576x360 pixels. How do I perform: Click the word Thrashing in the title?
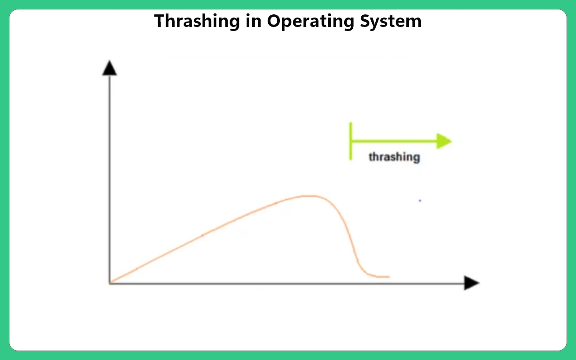click(x=197, y=22)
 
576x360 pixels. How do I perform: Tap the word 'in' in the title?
click(x=254, y=21)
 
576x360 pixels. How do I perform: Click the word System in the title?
click(x=391, y=22)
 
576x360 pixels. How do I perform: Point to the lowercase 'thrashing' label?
click(x=395, y=157)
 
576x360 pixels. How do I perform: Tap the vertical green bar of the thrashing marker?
click(x=351, y=141)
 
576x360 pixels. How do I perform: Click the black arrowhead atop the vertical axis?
click(x=109, y=68)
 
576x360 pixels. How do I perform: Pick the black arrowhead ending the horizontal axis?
click(x=472, y=283)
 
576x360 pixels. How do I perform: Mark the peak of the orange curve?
click(x=309, y=196)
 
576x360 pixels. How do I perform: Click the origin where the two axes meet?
click(x=110, y=283)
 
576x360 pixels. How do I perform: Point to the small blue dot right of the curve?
click(x=420, y=201)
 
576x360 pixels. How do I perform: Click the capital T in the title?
click(x=161, y=21)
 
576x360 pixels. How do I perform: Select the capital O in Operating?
click(x=274, y=21)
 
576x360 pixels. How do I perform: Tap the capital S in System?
click(x=366, y=21)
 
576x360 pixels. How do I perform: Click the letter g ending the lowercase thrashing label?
click(x=417, y=158)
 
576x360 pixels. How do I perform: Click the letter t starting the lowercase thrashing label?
click(x=371, y=157)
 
